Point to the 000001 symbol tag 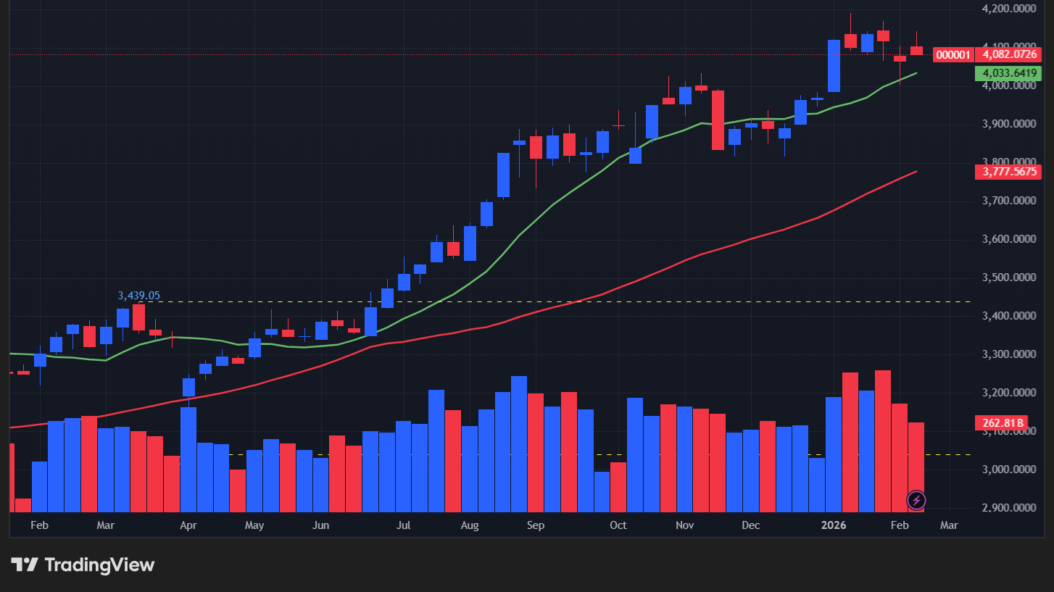953,54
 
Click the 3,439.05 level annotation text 138,296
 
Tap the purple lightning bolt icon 916,500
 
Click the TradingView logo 83,564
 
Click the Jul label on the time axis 404,525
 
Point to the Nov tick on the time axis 684,525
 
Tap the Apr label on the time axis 188,525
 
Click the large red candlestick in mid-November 718,120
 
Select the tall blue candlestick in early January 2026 834,66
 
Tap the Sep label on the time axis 536,525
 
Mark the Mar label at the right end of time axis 949,525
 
